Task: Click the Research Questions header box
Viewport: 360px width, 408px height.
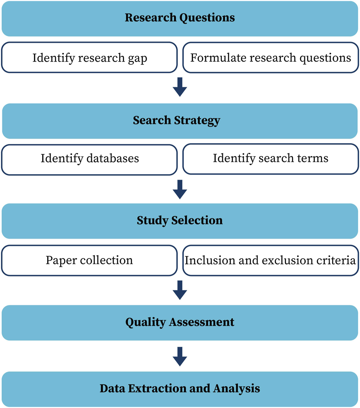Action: click(180, 18)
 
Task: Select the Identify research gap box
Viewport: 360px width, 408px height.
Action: click(89, 58)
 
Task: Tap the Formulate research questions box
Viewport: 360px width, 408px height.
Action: click(270, 58)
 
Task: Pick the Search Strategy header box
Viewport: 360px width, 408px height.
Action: click(180, 120)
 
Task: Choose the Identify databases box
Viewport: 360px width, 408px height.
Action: click(89, 159)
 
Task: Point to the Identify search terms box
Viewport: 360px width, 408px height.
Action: click(270, 159)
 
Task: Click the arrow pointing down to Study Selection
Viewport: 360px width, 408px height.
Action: click(180, 189)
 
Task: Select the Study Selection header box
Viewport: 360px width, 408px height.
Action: click(180, 221)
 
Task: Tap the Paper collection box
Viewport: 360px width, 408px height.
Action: click(89, 260)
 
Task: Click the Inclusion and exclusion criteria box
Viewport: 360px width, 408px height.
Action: click(270, 260)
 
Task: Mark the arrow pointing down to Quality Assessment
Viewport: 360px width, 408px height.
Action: click(180, 290)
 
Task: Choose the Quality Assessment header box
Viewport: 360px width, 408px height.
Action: click(180, 322)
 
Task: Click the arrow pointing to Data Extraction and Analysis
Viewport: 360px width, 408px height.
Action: click(180, 357)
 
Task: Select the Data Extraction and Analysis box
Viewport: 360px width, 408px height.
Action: click(180, 389)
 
